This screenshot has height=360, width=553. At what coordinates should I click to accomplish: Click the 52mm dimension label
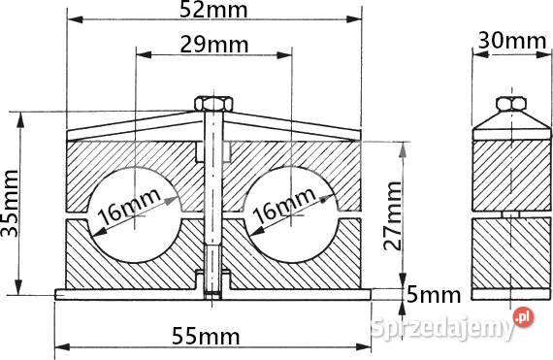(x=213, y=11)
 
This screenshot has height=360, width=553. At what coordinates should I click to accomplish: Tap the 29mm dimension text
(x=214, y=45)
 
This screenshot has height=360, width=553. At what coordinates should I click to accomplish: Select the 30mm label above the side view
(x=512, y=41)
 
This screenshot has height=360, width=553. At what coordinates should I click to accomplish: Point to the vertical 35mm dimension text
(x=10, y=203)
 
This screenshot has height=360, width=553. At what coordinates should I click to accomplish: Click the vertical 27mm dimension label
(x=393, y=215)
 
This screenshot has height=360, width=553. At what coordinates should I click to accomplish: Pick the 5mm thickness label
(x=434, y=295)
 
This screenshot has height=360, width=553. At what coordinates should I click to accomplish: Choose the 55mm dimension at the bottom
(x=206, y=337)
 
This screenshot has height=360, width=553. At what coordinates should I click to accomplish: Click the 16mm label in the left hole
(x=129, y=207)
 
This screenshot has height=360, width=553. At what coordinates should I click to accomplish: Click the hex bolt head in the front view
(x=213, y=104)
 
